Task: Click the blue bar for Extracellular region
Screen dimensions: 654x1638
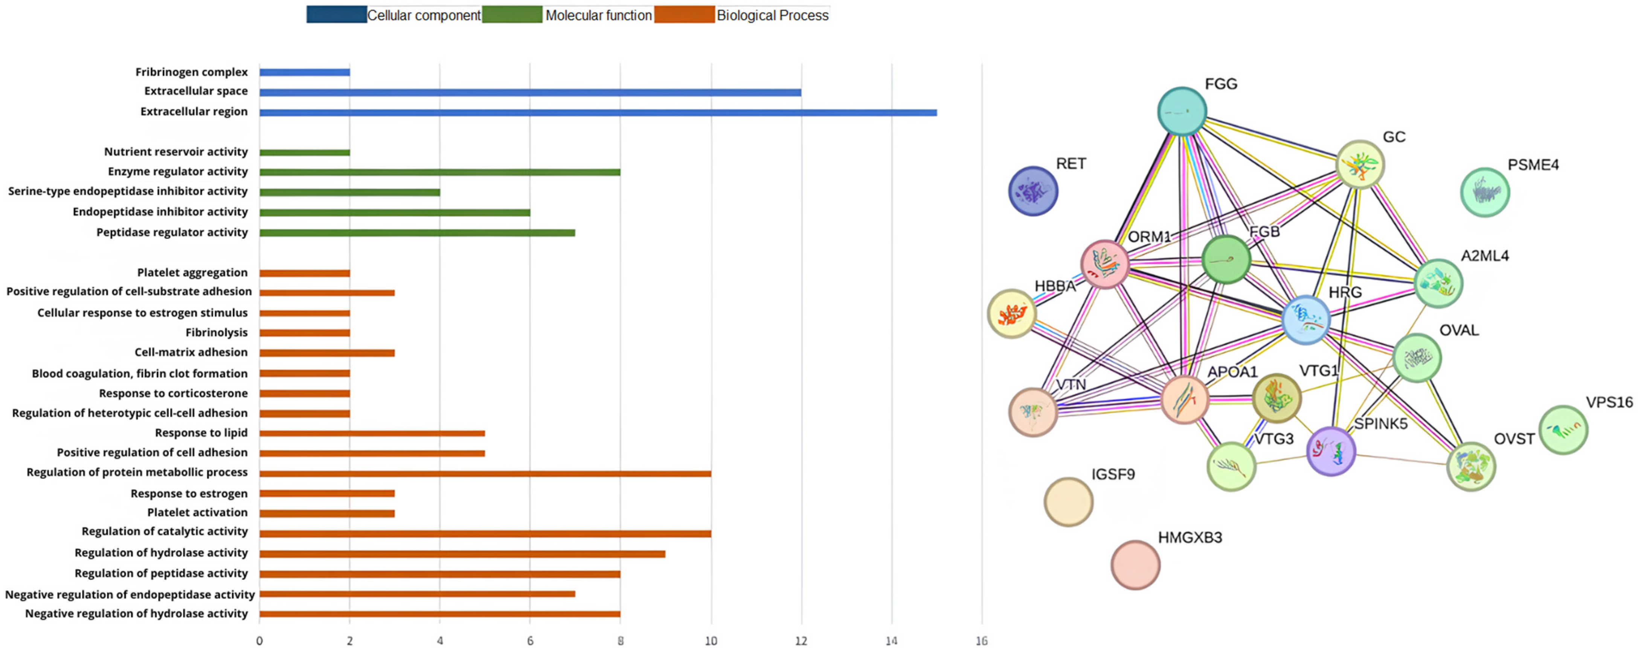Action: pyautogui.click(x=598, y=113)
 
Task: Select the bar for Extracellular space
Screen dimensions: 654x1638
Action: pyautogui.click(x=530, y=92)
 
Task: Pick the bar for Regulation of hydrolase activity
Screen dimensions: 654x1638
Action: pyautogui.click(x=462, y=553)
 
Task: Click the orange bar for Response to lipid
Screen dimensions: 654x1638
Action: pyautogui.click(x=372, y=433)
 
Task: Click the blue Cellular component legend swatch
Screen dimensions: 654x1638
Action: pyautogui.click(x=336, y=15)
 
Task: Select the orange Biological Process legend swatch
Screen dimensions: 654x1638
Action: pyautogui.click(x=684, y=15)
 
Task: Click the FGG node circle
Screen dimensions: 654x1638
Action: pyautogui.click(x=1182, y=112)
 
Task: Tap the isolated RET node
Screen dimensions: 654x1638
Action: pyautogui.click(x=1033, y=191)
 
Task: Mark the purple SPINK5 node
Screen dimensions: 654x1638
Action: pyautogui.click(x=1331, y=451)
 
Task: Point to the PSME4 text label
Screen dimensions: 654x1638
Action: pyautogui.click(x=1533, y=165)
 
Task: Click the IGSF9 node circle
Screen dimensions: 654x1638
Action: pyautogui.click(x=1068, y=502)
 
